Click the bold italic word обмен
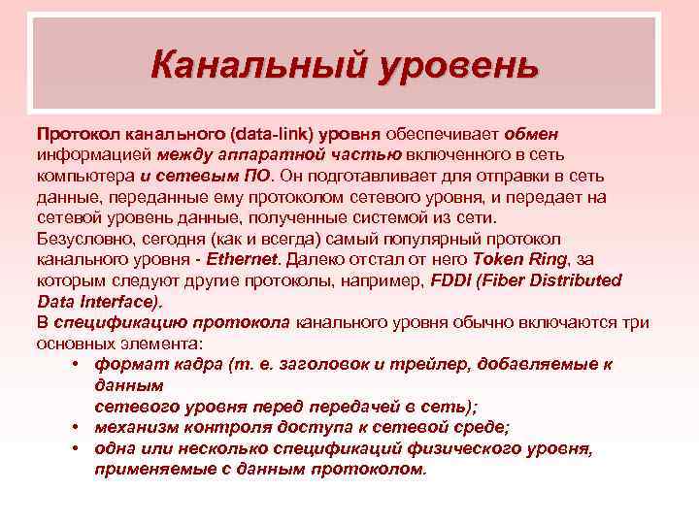click(x=531, y=133)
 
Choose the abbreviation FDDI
click(x=451, y=280)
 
